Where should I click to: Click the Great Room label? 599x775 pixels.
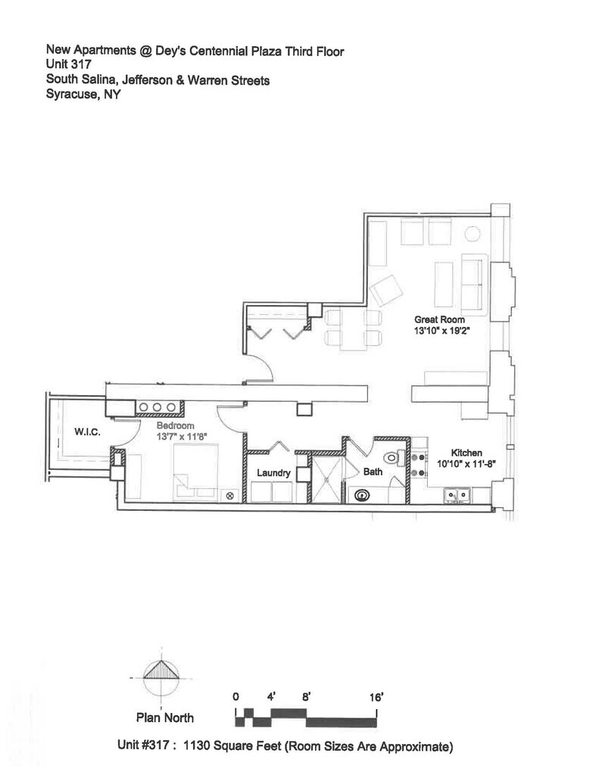click(x=439, y=320)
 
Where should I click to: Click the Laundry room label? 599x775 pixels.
click(x=273, y=473)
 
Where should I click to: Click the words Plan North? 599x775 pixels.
click(x=164, y=718)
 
